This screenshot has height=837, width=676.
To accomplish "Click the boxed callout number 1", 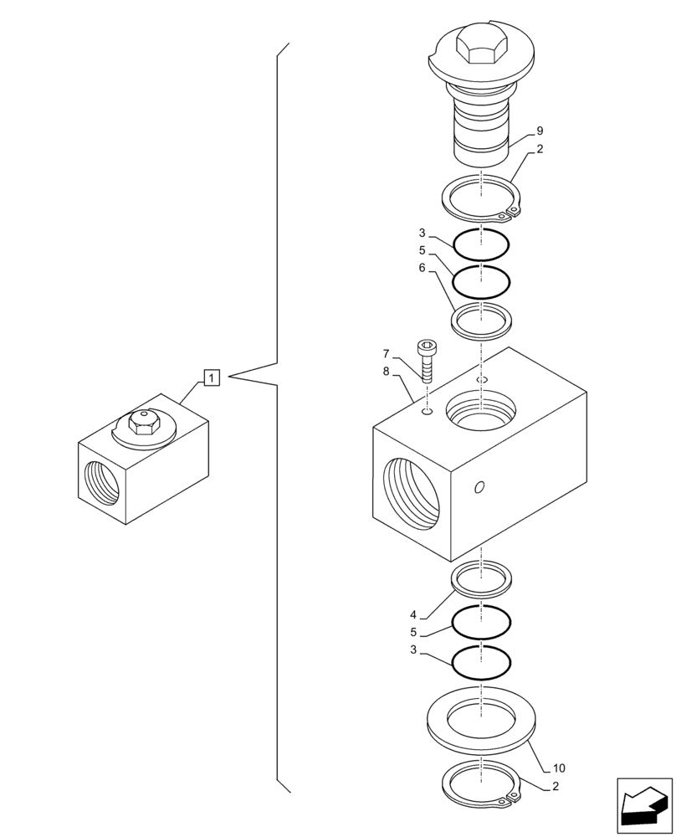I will coord(211,378).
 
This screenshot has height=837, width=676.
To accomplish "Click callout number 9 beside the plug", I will coord(540,131).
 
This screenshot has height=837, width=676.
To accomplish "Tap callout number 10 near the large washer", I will coord(560,768).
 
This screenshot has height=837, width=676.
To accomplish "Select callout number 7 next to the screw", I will coord(386,353).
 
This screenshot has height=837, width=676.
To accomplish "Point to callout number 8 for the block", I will coord(386,371).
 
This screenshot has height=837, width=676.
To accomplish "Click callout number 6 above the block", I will coord(422,268).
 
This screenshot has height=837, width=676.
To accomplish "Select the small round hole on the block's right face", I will coord(478,488).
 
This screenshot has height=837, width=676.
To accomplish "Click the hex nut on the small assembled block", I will coord(144,425).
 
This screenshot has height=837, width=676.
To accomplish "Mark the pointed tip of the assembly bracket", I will coord(229,374).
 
